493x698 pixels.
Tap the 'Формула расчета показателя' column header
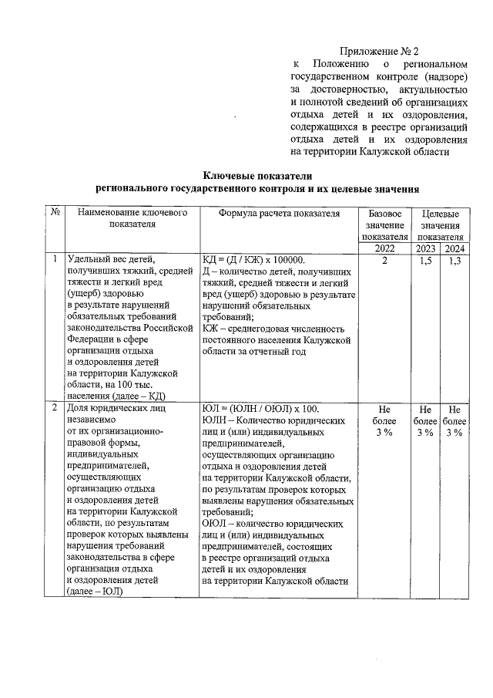(x=280, y=213)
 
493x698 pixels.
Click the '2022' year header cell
(x=385, y=248)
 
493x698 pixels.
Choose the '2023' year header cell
(x=424, y=248)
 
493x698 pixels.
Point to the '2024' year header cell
(x=454, y=248)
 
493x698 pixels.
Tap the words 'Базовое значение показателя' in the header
(x=385, y=224)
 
